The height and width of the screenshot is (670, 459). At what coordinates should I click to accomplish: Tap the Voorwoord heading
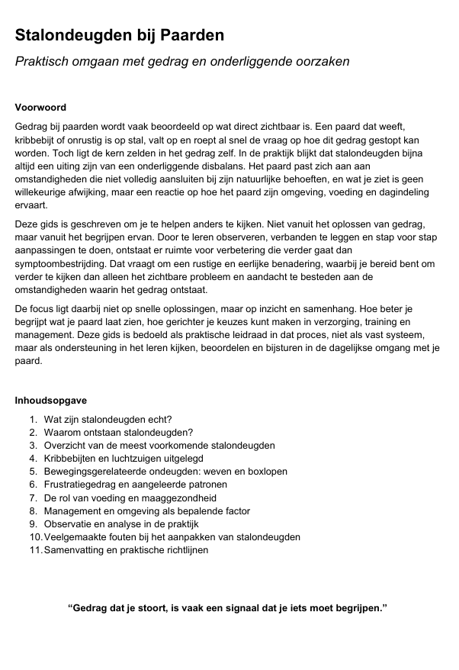coord(40,108)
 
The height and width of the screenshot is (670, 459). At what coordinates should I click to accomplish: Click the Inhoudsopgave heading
coord(50,400)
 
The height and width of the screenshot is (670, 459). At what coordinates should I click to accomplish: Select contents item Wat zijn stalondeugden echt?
coord(108,419)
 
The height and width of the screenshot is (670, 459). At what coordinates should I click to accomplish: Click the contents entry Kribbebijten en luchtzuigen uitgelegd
coord(124,458)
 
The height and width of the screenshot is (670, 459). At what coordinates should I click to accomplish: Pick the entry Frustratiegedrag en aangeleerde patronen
coord(135,484)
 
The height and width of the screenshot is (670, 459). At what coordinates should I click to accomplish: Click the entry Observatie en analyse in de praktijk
coord(120,523)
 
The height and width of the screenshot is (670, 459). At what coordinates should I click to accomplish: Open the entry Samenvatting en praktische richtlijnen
coord(126,549)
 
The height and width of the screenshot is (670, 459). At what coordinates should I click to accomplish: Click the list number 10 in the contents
coord(35,536)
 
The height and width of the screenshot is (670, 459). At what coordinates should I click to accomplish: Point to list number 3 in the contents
coord(34,445)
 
